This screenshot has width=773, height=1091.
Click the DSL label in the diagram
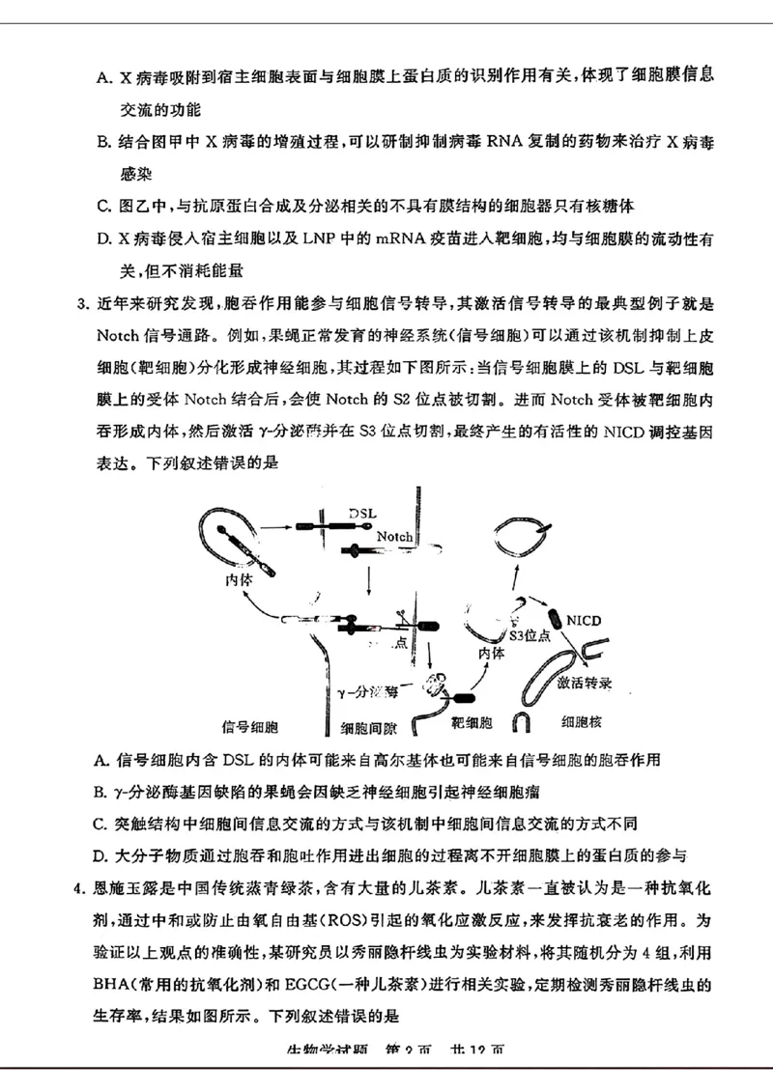click(x=361, y=511)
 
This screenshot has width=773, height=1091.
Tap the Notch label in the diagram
click(x=394, y=537)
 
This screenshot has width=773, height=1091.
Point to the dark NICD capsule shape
click(x=553, y=619)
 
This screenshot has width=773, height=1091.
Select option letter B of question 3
click(x=101, y=792)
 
